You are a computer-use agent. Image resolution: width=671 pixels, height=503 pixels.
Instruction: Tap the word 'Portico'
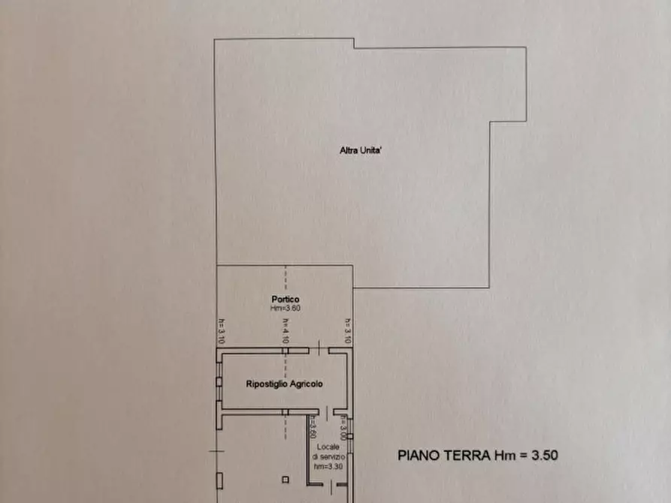click(x=285, y=300)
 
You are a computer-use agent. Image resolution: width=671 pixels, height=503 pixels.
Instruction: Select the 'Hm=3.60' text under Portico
click(x=285, y=308)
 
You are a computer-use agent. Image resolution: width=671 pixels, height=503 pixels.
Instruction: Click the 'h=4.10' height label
click(x=286, y=331)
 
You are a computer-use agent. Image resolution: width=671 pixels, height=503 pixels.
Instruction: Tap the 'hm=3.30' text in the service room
click(x=329, y=466)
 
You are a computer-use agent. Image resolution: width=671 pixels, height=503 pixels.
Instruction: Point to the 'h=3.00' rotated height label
click(x=343, y=428)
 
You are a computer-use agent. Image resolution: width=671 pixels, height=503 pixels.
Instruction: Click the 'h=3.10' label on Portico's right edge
click(x=348, y=331)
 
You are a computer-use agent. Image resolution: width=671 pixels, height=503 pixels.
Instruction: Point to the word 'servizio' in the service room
click(x=329, y=456)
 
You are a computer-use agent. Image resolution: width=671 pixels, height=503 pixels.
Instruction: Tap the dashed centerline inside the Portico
click(x=286, y=282)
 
